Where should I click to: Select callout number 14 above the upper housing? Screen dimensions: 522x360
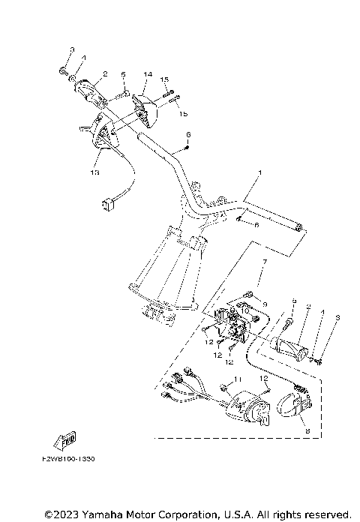pyautogui.click(x=148, y=75)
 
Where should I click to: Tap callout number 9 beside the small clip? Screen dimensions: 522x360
pyautogui.click(x=265, y=305)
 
